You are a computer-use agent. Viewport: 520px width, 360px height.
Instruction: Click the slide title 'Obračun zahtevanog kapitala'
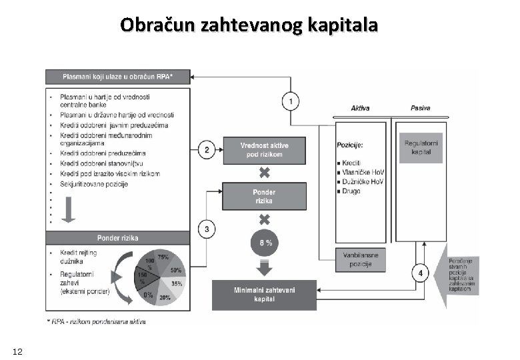point(249,26)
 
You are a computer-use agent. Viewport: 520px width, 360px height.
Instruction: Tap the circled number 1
point(290,101)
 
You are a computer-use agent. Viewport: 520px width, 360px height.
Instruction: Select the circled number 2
point(207,151)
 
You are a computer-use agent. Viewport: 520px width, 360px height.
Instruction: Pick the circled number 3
point(207,229)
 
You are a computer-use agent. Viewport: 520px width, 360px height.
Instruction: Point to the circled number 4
point(420,274)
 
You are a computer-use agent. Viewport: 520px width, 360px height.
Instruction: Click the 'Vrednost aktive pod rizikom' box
point(263,151)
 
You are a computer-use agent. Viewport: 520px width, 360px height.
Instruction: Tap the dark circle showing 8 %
point(264,243)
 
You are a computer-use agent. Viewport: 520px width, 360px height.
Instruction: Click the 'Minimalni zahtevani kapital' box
point(264,293)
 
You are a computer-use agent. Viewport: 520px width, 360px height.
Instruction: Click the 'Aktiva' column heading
point(361,109)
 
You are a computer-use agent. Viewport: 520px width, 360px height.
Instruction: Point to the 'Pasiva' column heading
point(420,109)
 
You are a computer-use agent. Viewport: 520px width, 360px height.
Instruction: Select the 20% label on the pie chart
point(164,298)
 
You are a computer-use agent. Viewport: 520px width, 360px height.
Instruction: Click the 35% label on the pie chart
point(177,284)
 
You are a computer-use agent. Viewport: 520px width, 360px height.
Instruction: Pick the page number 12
point(18,351)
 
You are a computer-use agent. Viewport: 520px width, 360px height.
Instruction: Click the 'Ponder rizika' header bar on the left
point(118,238)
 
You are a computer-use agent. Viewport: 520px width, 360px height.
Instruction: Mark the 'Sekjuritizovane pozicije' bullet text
point(93,184)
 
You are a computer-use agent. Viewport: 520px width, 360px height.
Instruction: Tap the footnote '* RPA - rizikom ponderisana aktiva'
point(97,321)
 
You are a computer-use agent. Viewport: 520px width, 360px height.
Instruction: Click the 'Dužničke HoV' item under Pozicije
point(364,181)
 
